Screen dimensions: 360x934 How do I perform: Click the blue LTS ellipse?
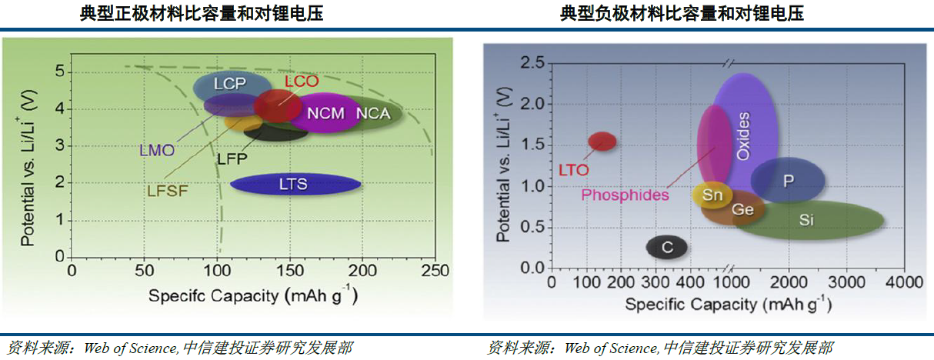(x=295, y=184)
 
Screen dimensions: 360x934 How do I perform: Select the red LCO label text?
(x=301, y=81)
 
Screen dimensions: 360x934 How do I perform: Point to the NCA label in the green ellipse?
(x=373, y=114)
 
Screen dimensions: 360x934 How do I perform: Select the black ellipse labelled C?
(x=667, y=247)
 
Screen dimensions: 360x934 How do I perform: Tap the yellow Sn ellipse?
(x=712, y=195)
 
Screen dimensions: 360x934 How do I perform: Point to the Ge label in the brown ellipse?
(x=742, y=209)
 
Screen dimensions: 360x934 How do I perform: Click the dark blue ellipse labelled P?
(x=788, y=181)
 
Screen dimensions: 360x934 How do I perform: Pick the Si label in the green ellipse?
(x=806, y=221)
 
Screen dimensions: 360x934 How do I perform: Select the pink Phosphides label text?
(x=625, y=195)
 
